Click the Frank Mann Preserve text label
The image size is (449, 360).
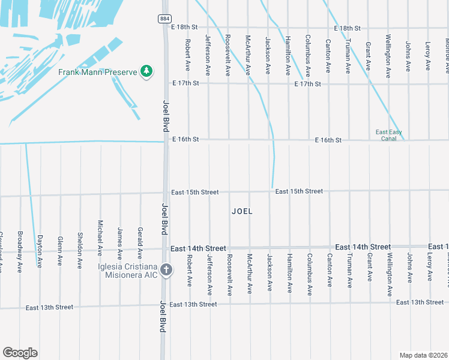coord(98,72)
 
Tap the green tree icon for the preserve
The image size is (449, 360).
coord(146,72)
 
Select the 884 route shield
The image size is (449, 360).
coord(164,19)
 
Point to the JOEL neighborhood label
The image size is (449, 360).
coord(242,211)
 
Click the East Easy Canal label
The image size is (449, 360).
coord(388,136)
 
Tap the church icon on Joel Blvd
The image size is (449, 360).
coord(166,270)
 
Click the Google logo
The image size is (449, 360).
coord(20,353)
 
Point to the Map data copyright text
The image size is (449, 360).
coord(423,355)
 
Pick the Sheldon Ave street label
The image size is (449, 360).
coord(80,250)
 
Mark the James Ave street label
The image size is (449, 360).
coord(120,239)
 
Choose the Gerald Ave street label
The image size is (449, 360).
coord(140,238)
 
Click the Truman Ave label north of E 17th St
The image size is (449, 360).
coord(348,56)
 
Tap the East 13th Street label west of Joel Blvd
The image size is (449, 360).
coord(49,307)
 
